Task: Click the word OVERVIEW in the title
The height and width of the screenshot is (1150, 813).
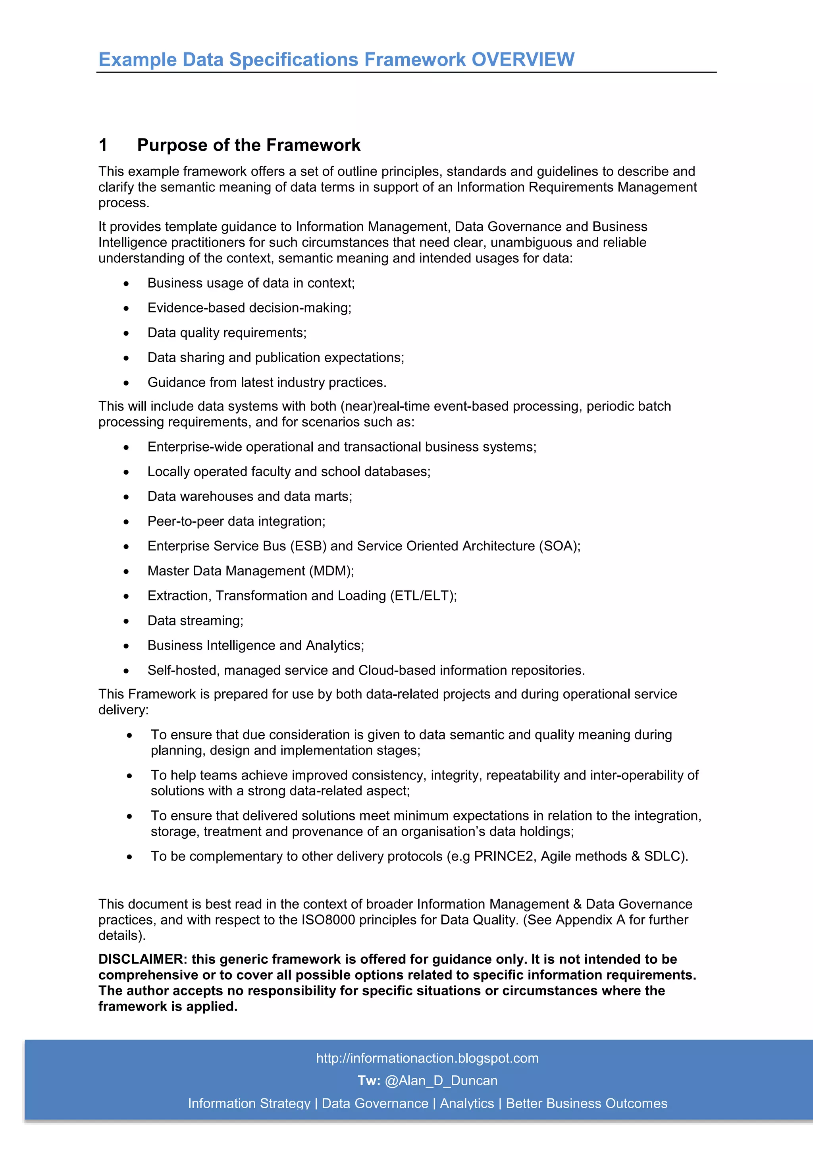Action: (523, 60)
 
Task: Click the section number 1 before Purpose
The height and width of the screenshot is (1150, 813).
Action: (103, 145)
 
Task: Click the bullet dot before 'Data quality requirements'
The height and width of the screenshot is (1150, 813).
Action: (126, 334)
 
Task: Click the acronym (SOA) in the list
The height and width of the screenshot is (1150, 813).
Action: (558, 546)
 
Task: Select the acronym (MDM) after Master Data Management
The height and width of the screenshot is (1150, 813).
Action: (330, 571)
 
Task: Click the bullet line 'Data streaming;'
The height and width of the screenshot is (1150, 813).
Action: (195, 621)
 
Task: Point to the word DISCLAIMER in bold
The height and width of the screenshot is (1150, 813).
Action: (142, 959)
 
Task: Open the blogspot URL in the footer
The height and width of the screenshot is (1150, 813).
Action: (427, 1058)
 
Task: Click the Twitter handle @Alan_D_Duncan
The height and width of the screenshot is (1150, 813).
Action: (441, 1081)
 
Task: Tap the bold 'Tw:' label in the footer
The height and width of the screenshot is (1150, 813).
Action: (368, 1081)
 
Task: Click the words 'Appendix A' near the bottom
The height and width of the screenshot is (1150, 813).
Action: (590, 920)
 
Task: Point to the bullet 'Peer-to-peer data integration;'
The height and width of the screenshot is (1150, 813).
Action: (236, 521)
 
